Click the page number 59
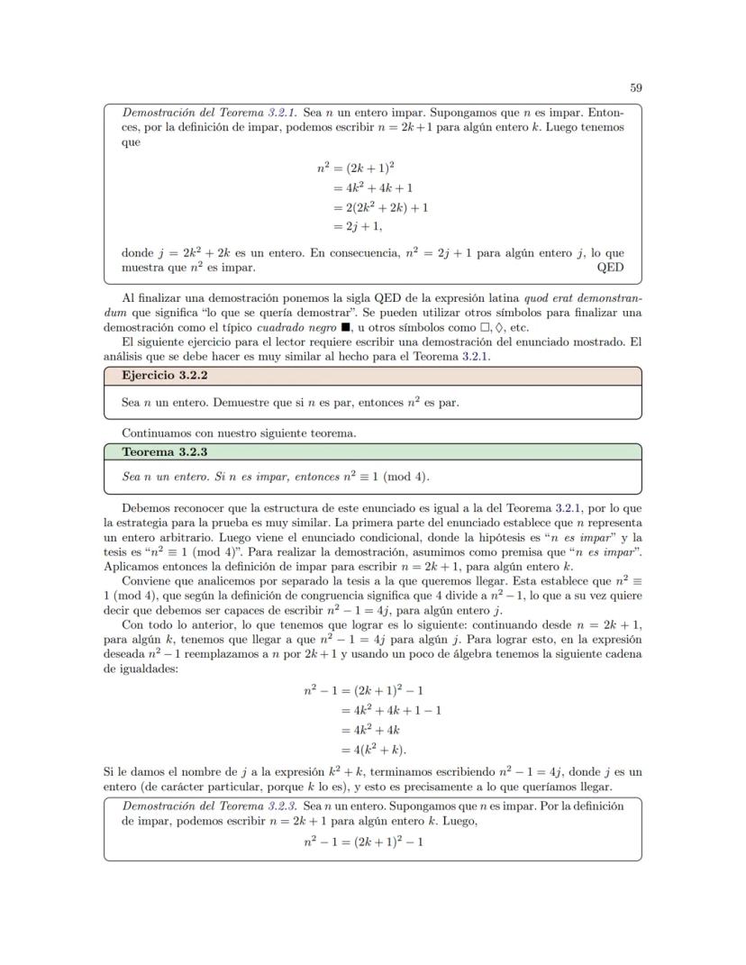635,87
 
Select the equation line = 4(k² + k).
373,750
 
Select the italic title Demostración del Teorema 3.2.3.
209,806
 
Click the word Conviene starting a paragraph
146,580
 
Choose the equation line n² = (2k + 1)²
364,168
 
